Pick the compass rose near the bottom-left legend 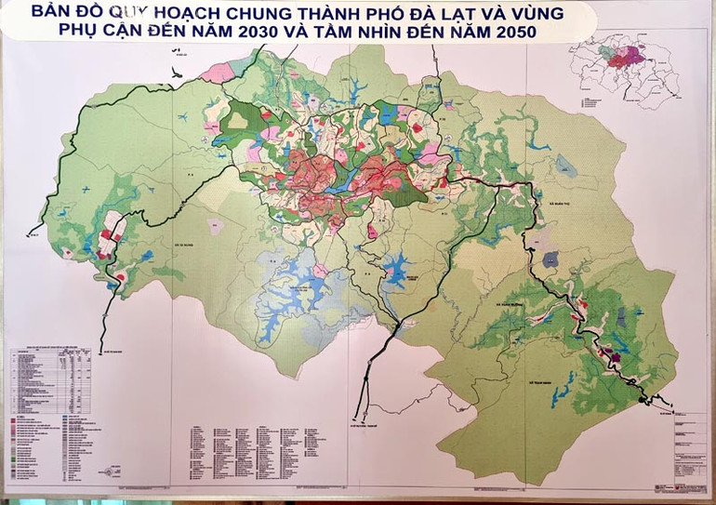tap(113, 471)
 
